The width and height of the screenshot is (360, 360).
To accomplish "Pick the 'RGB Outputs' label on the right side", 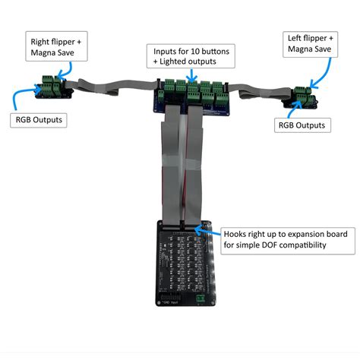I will point(302,125).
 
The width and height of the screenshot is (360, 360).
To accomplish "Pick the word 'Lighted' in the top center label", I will point(178,62).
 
